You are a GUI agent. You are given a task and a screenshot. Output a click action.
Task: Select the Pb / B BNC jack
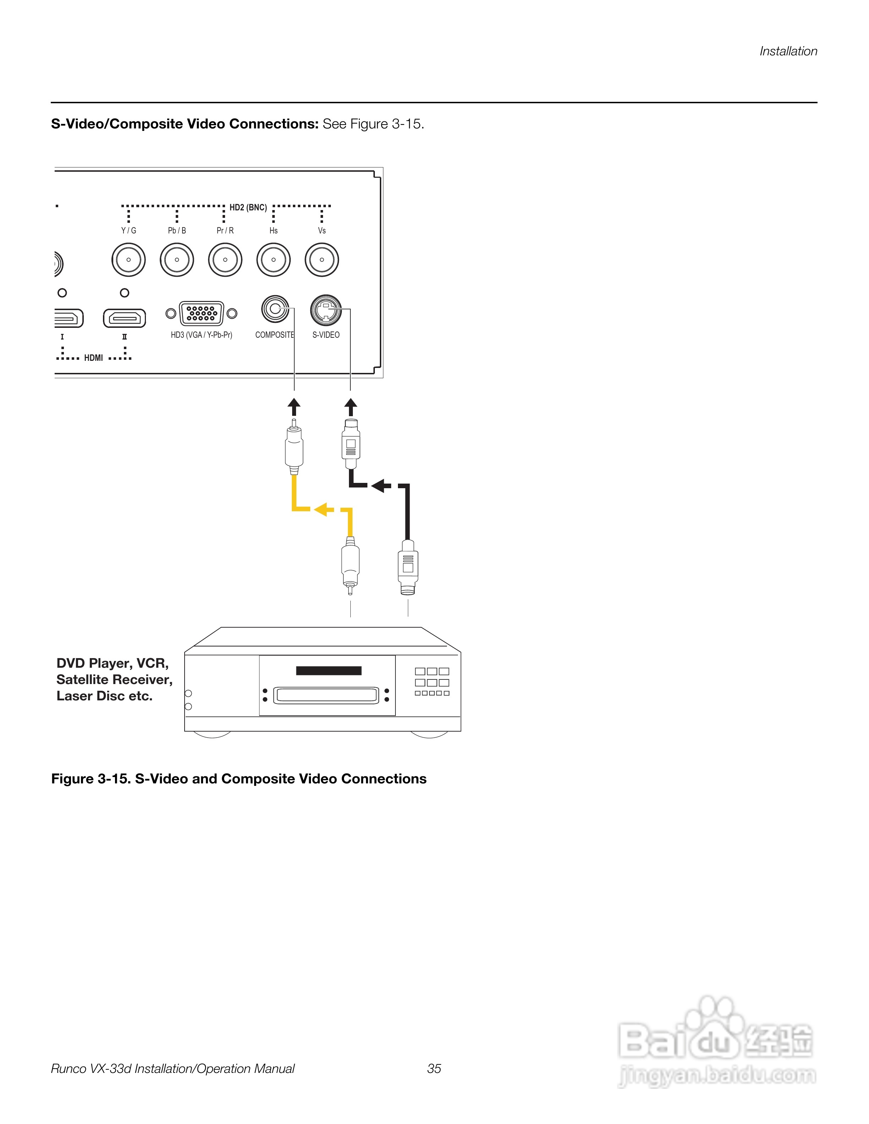(176, 260)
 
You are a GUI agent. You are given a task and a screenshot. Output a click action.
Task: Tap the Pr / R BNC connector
(225, 260)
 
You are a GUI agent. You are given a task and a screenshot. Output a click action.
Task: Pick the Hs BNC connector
(273, 260)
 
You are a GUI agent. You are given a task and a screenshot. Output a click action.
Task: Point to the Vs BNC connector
(322, 260)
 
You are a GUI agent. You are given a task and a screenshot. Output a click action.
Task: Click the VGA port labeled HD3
(201, 313)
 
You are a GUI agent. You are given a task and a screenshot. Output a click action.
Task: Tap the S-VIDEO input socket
(326, 310)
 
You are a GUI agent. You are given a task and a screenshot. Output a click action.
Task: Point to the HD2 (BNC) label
(248, 208)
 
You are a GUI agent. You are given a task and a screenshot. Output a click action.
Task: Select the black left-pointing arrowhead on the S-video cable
(379, 485)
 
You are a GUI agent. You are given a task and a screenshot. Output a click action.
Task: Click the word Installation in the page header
(788, 51)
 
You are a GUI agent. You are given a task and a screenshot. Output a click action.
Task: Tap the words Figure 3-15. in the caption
(91, 779)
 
